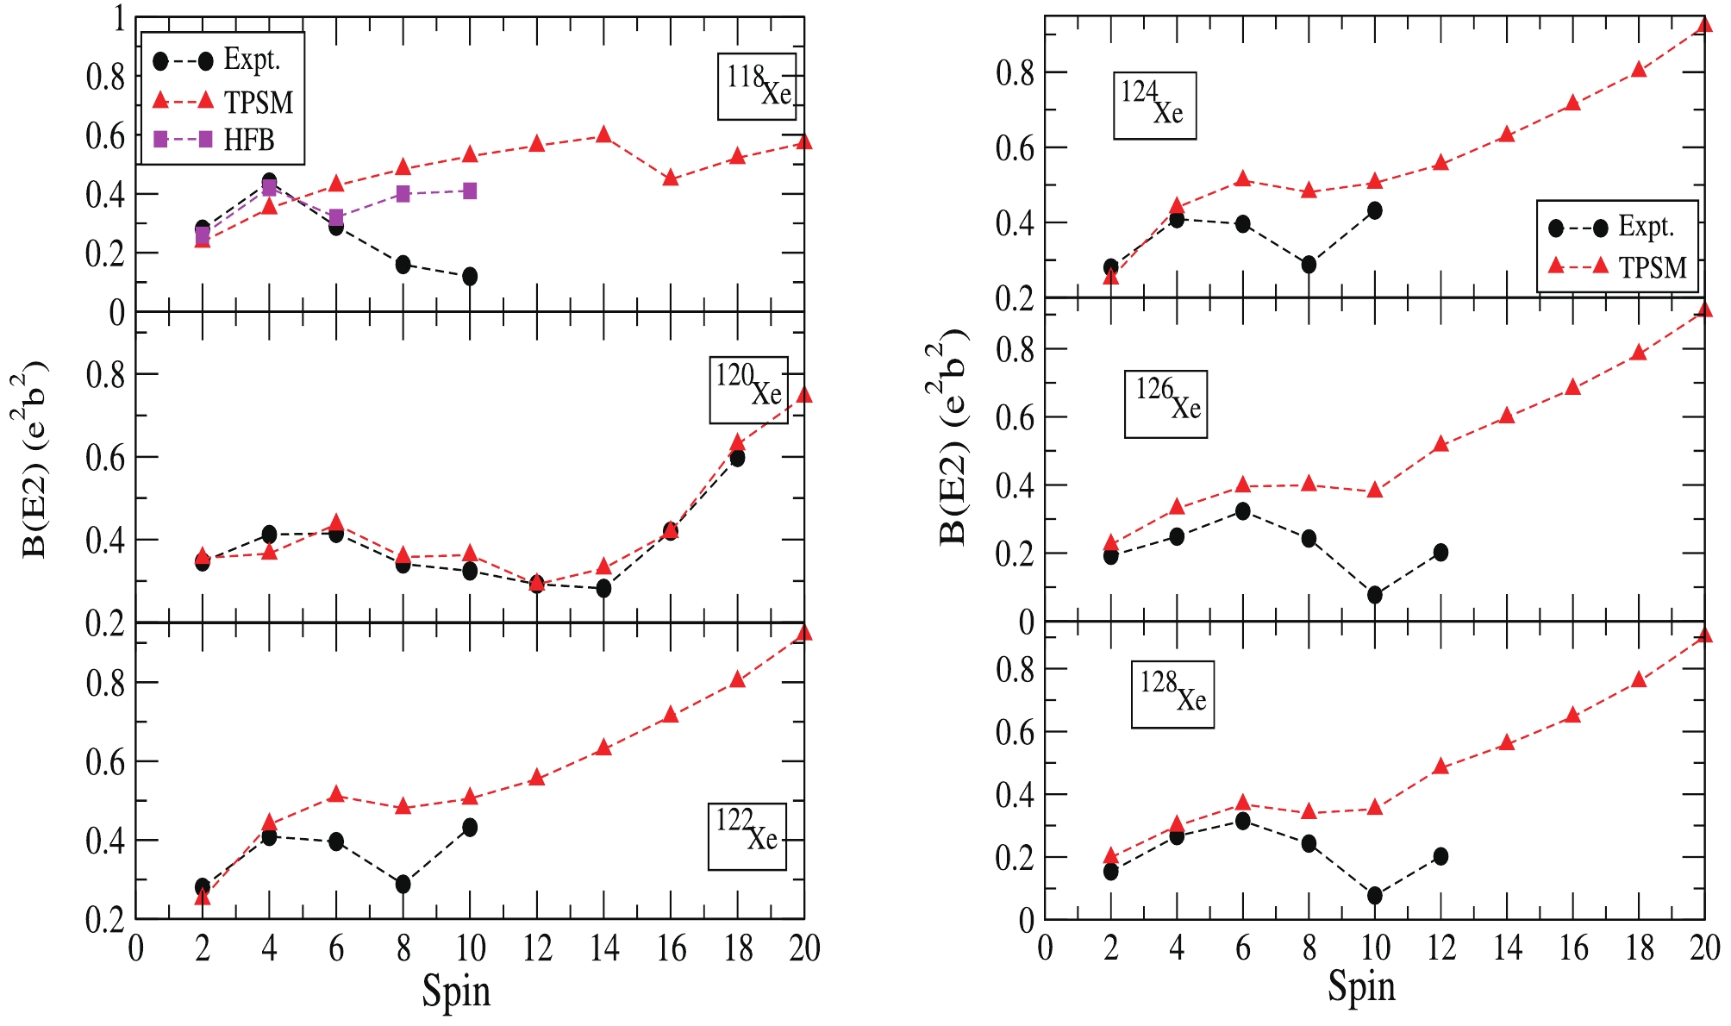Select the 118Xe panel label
click(x=757, y=86)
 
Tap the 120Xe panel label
click(x=748, y=389)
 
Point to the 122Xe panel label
click(x=747, y=835)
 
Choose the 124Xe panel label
click(x=1153, y=105)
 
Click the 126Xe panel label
click(x=1165, y=404)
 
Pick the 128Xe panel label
click(x=1172, y=694)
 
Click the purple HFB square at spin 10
click(x=470, y=191)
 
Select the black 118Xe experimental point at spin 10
click(x=470, y=277)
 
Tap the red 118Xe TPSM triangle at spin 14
click(x=603, y=135)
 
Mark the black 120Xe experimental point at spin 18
click(x=737, y=458)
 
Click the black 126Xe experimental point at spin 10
click(x=1375, y=595)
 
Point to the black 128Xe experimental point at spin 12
click(x=1440, y=856)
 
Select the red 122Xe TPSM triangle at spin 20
click(x=803, y=634)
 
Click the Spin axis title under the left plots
click(x=456, y=992)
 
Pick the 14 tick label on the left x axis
click(x=604, y=949)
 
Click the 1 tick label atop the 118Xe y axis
click(x=119, y=19)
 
